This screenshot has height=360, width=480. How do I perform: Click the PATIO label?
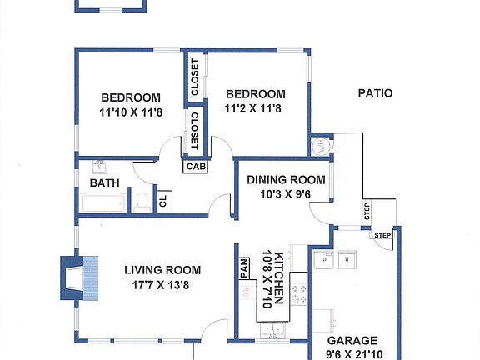point(375,94)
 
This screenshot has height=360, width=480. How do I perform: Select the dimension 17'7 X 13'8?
point(162,284)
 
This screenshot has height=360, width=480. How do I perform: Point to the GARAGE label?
point(352,341)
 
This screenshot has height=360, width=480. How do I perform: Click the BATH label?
point(104,182)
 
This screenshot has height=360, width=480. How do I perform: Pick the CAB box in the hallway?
point(196,166)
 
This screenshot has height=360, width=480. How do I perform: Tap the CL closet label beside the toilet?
point(163,201)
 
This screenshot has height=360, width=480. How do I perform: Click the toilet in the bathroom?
point(142,200)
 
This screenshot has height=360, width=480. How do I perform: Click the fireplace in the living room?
point(81,277)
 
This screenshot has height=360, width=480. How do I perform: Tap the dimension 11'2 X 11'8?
point(255,108)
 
